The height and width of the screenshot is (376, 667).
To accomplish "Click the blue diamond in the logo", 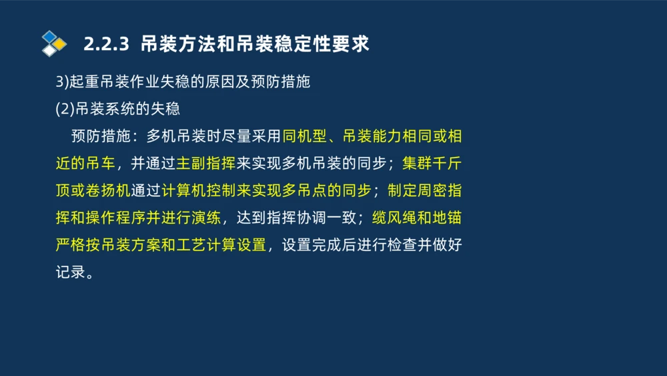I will (49, 36).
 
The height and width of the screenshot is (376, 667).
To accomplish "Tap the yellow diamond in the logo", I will (59, 45).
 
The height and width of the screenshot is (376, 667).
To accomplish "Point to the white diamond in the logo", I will (49, 50).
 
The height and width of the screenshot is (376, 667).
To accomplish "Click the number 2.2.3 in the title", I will (106, 45).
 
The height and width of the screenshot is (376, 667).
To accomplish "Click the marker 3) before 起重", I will (62, 82).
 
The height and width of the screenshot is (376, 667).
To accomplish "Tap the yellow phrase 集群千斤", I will (432, 164).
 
